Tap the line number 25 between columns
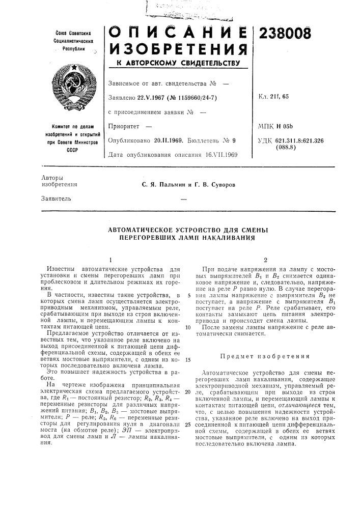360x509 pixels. [187, 424]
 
